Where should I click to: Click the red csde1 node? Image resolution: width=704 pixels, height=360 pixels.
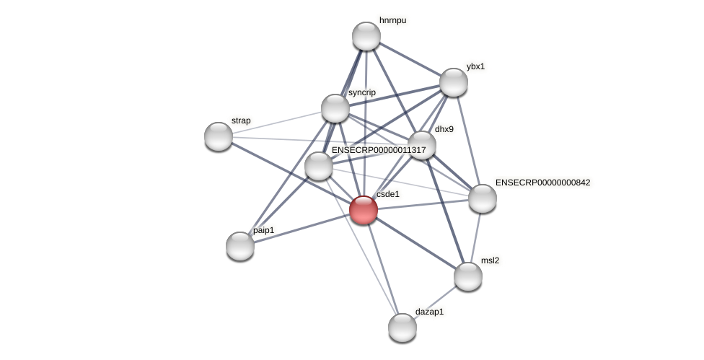point(364,210)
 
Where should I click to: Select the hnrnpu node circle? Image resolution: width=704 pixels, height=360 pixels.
point(366,36)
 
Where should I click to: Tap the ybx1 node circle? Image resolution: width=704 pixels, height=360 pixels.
point(454,82)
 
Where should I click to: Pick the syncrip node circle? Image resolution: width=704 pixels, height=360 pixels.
point(335,108)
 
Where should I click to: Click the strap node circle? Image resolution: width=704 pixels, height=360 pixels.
point(219,136)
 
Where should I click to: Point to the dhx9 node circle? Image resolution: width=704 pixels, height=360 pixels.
point(422,145)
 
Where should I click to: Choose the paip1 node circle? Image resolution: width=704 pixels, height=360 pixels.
point(240,246)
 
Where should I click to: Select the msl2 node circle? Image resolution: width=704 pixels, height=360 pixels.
point(468,276)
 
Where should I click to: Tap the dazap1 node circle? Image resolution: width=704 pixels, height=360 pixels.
point(402,328)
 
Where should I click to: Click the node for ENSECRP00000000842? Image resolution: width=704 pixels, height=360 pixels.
point(483,198)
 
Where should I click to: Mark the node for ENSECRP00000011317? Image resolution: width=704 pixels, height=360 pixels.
point(319,166)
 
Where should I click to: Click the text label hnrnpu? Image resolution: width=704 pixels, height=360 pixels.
point(392,20)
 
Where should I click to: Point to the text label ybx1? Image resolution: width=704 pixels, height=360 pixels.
point(475,66)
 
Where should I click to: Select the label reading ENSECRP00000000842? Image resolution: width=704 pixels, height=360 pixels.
point(542,183)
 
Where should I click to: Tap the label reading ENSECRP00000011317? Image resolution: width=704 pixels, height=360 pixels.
point(379,150)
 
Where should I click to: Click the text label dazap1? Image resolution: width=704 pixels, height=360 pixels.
point(429,312)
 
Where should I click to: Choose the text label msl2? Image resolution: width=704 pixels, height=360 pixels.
point(490,260)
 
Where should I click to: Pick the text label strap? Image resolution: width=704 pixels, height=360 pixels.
point(241,120)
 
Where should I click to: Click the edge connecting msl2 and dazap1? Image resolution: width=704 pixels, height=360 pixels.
point(435,302)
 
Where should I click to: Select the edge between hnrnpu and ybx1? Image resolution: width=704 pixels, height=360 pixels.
point(410,59)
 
